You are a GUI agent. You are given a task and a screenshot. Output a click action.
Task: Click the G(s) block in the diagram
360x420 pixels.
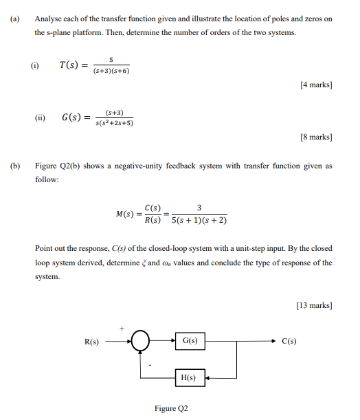[x=190, y=342]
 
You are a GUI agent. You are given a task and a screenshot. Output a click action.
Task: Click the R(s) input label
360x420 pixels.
[x=91, y=342]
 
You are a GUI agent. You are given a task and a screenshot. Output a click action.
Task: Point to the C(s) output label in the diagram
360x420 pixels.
[x=289, y=342]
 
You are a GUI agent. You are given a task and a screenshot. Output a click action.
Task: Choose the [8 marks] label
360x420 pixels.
[x=317, y=137]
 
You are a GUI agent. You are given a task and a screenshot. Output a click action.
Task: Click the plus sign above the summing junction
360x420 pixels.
[x=123, y=329]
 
